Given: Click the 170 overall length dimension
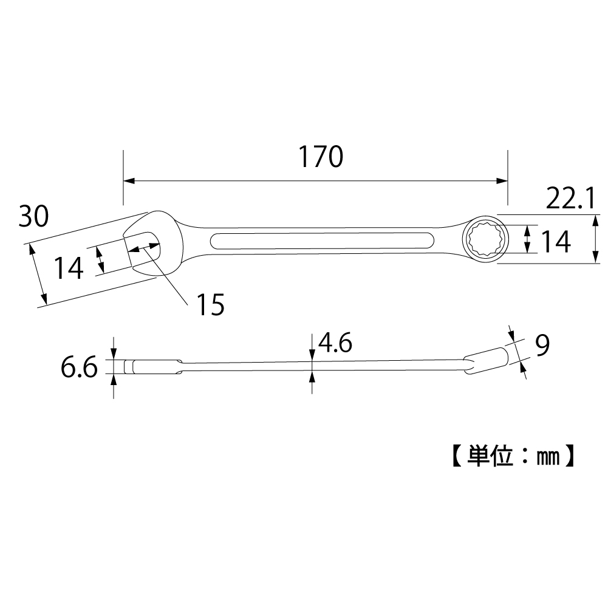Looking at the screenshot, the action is [x=320, y=157].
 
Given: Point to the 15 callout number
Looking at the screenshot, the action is [x=211, y=304].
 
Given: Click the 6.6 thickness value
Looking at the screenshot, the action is [x=79, y=367].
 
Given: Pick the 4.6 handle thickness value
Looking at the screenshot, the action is [x=335, y=343].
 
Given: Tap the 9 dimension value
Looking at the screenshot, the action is [x=542, y=346].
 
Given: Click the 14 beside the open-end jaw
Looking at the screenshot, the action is [x=68, y=268].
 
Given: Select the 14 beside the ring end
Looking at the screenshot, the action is [x=556, y=241].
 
